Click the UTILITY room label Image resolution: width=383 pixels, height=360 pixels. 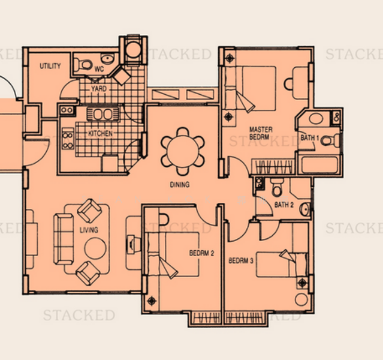coord(50,66)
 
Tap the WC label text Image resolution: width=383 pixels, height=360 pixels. coord(99,69)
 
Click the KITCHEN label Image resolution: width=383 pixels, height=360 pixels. coord(100,133)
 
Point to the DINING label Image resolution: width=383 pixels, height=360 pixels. coord(179,185)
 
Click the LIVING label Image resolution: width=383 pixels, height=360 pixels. coord(89,230)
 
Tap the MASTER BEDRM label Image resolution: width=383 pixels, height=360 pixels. coord(261,133)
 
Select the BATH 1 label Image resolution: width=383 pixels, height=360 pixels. coord(309,139)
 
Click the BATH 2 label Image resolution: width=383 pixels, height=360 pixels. coord(284,205)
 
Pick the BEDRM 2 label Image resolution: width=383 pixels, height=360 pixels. coord(201,253)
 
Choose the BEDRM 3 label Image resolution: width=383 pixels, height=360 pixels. coord(242,261)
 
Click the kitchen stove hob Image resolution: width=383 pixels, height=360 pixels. coord(68,142)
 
